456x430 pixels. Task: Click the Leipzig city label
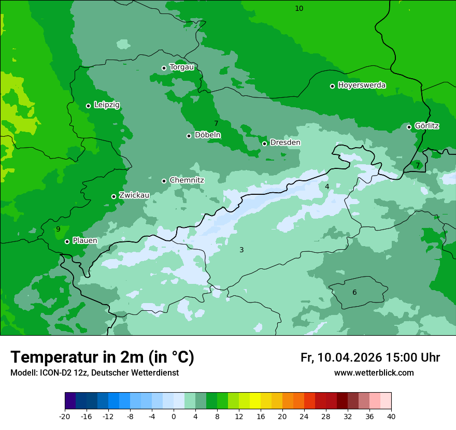click(107, 105)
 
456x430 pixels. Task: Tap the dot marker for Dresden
click(264, 144)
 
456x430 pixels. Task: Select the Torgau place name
click(181, 67)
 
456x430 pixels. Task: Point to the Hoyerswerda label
click(362, 85)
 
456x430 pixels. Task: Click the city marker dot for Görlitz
click(409, 127)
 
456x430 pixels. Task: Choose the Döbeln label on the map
click(207, 135)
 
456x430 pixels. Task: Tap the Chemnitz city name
click(187, 180)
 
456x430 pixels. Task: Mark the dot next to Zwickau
click(113, 196)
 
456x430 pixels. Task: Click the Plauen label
click(85, 240)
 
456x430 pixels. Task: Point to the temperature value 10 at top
click(299, 8)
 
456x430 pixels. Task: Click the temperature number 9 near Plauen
click(58, 229)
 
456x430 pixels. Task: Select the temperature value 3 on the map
click(241, 250)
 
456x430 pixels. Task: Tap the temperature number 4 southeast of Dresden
click(327, 187)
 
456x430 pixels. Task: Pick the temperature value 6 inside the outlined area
click(354, 292)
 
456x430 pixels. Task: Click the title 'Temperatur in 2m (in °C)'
click(102, 357)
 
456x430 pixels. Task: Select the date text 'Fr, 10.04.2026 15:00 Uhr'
click(370, 357)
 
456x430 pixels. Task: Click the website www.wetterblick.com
click(374, 373)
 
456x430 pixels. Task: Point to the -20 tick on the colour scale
click(65, 417)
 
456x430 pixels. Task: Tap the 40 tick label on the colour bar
click(391, 417)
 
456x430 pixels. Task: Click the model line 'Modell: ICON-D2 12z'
click(94, 373)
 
